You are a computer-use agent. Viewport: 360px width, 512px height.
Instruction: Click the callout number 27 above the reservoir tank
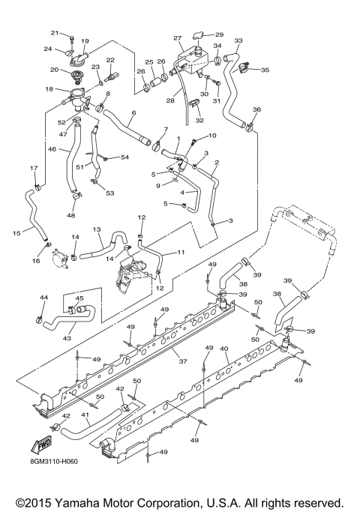tap(178, 38)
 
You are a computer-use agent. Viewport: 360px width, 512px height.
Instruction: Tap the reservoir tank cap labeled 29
tap(200, 34)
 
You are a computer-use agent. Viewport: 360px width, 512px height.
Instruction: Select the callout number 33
tap(238, 40)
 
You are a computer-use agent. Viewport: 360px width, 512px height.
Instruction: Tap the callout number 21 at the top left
tap(54, 33)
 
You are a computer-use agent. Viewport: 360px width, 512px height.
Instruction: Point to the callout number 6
tap(133, 114)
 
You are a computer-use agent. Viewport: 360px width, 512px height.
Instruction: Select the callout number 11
tap(181, 253)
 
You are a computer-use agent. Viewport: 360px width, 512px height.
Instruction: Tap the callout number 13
tap(97, 229)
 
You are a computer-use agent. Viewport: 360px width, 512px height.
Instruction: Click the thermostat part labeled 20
tap(76, 73)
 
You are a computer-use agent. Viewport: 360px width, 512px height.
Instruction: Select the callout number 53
tap(109, 193)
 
